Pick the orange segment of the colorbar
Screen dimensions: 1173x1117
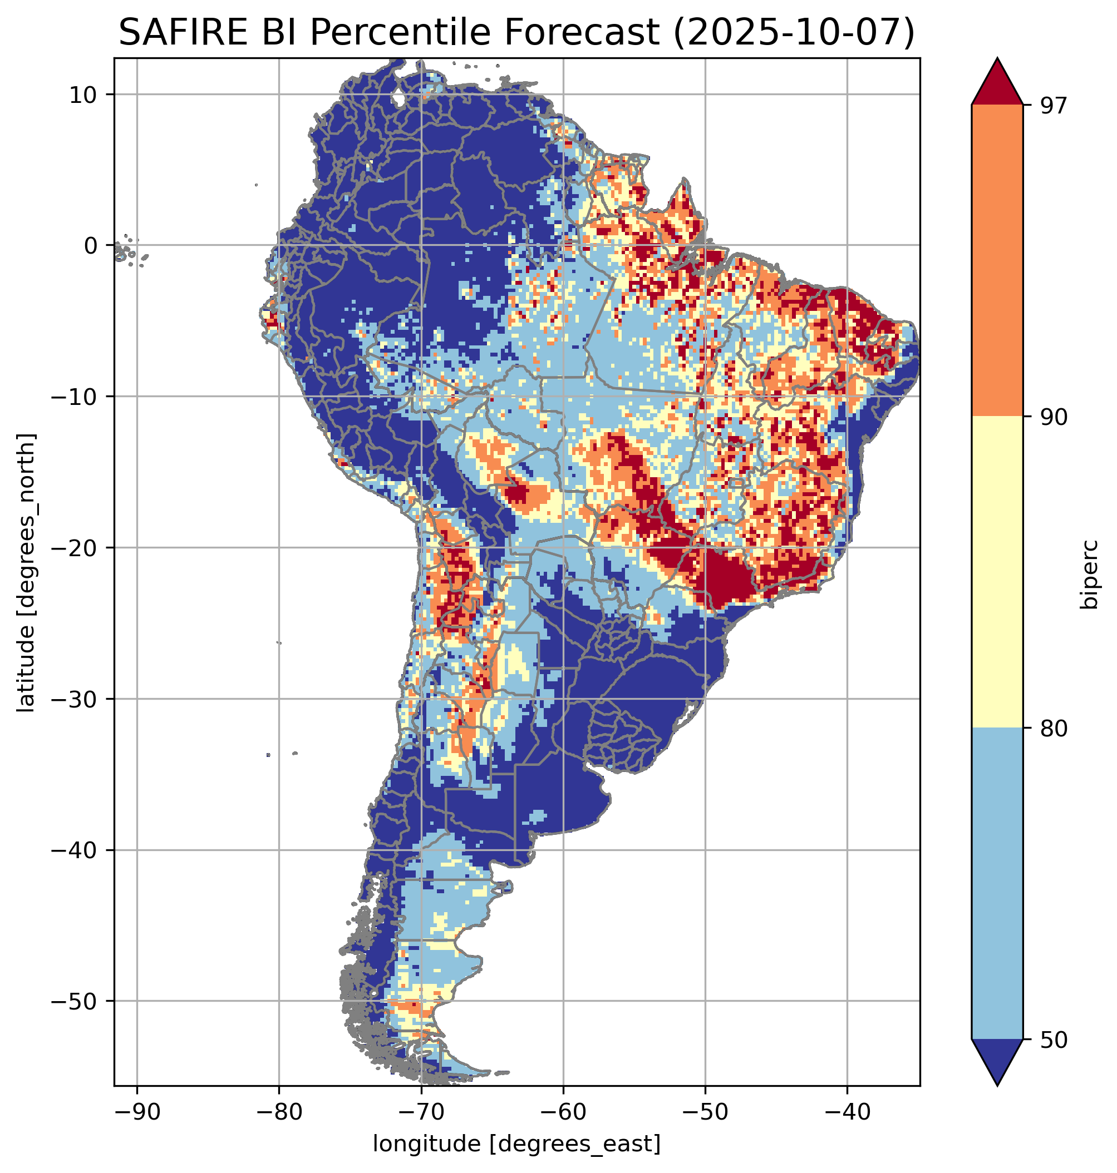pos(997,261)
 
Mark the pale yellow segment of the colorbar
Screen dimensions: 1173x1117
pos(997,571)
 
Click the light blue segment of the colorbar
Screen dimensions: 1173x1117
pos(997,884)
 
